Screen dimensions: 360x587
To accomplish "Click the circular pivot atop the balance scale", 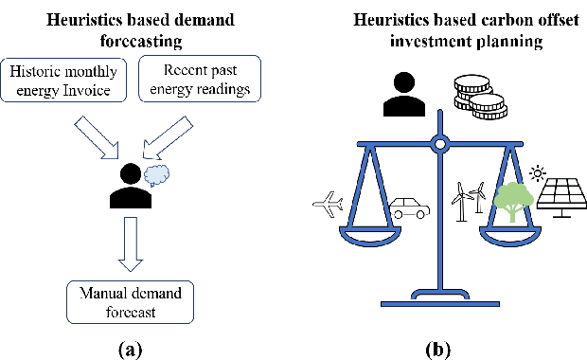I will coord(437,145).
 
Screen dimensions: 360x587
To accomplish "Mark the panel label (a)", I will coord(130,349).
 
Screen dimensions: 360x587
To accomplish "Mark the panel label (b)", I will coord(436,349).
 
